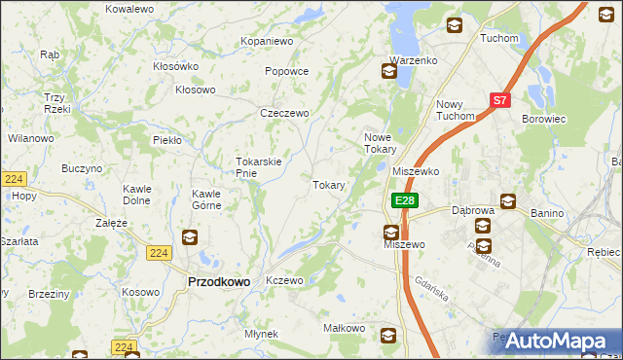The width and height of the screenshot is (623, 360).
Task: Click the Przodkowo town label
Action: [x=218, y=281]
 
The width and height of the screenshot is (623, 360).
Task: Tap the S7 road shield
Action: [x=499, y=99]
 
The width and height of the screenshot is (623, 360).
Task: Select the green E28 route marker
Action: [x=406, y=200]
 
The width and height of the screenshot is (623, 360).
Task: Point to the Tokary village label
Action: [x=329, y=185]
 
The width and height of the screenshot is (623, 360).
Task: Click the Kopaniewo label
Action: [x=268, y=42]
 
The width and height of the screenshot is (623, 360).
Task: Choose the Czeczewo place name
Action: [x=284, y=114]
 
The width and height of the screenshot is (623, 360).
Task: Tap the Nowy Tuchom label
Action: [x=456, y=110]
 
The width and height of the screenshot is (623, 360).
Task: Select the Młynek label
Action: [x=262, y=334]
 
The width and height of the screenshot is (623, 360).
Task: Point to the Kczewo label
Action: [x=285, y=280]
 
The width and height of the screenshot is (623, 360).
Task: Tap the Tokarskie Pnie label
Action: [x=259, y=167]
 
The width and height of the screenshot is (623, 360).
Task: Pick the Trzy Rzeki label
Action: [x=55, y=102]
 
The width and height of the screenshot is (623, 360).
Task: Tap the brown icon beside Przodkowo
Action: [x=190, y=237]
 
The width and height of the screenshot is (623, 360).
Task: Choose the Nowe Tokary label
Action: [x=380, y=143]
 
